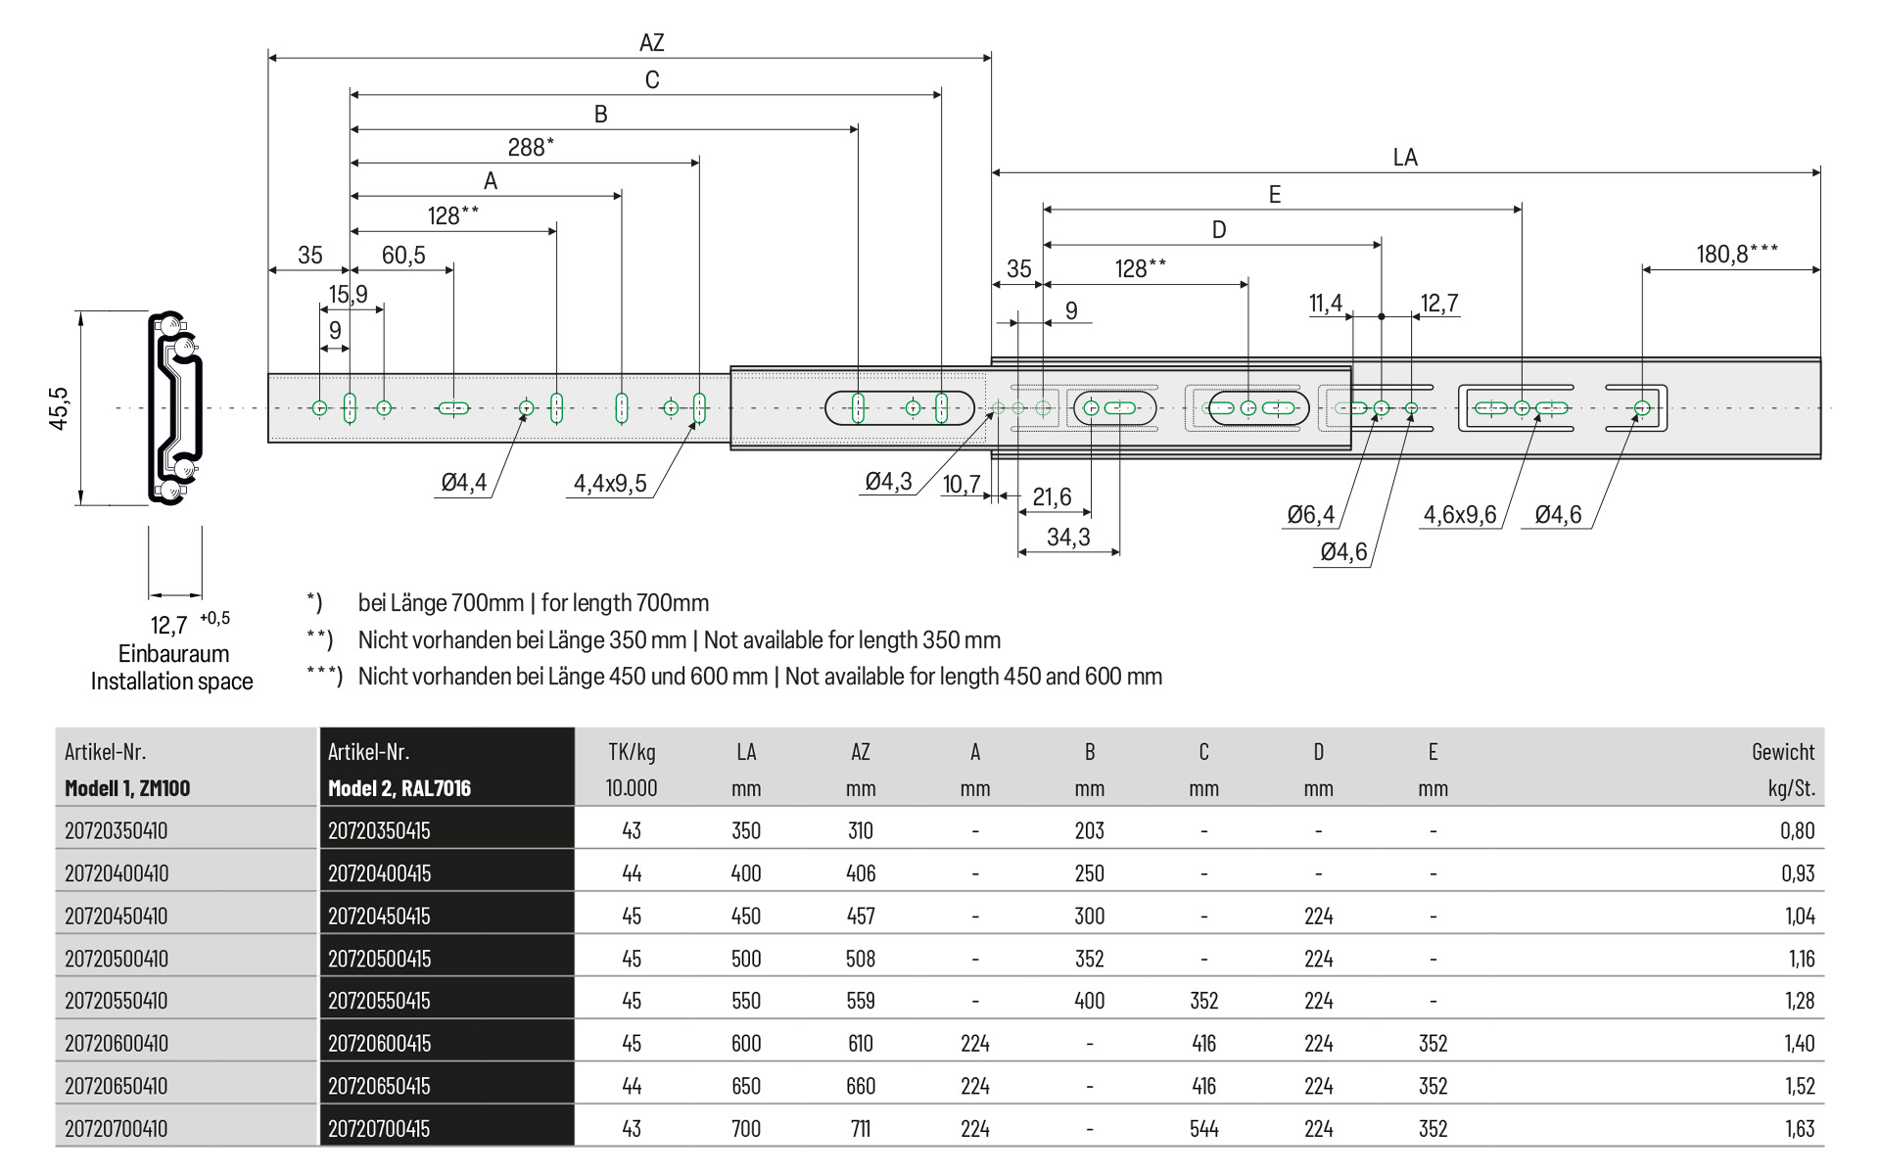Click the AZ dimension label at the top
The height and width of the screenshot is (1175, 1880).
(x=651, y=42)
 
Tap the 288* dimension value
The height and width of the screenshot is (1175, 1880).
(x=530, y=147)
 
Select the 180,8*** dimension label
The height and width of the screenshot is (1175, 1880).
(x=1736, y=254)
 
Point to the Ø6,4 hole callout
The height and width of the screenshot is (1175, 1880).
(x=1310, y=514)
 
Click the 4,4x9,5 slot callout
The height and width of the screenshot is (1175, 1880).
(x=610, y=483)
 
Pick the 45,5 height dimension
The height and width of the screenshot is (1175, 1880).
(x=59, y=407)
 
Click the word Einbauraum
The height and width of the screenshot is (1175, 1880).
(x=173, y=653)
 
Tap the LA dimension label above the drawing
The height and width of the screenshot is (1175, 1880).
(x=1404, y=158)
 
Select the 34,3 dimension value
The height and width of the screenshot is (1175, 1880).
(x=1067, y=537)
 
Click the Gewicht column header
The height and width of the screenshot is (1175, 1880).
(x=1782, y=752)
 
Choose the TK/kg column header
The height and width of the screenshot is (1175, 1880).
(x=632, y=752)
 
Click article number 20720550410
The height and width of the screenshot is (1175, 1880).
(x=117, y=1001)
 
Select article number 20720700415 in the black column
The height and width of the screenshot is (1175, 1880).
(x=379, y=1128)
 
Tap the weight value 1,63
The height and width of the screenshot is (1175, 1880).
(x=1799, y=1128)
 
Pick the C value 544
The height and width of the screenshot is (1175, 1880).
(x=1203, y=1128)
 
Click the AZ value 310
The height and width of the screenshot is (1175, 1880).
(x=860, y=830)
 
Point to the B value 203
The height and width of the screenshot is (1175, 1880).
(x=1089, y=830)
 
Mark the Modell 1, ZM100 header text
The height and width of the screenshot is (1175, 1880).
(x=127, y=788)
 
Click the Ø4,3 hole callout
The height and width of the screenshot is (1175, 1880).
(x=888, y=481)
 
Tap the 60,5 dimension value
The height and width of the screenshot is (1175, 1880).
(x=403, y=256)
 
